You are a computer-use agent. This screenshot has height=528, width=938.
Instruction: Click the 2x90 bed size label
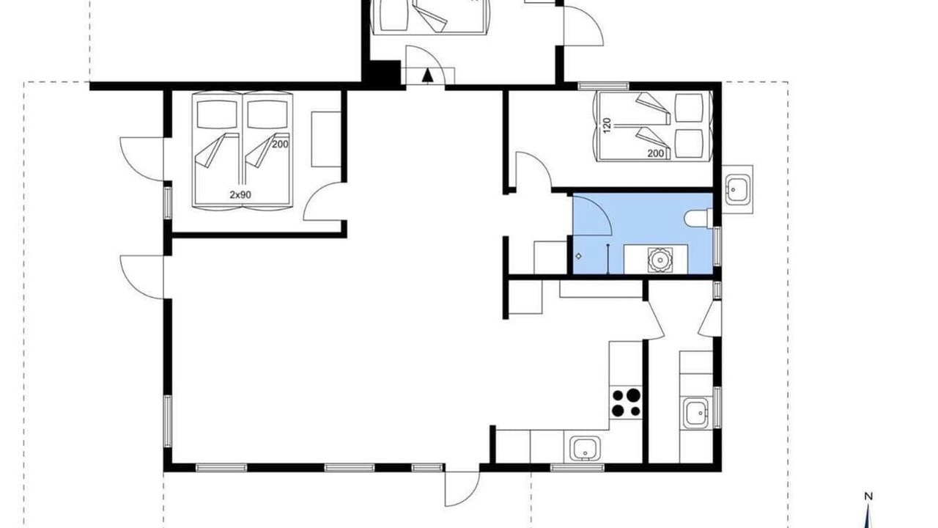pos(240,194)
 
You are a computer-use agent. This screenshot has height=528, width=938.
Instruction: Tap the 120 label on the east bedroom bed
pos(608,125)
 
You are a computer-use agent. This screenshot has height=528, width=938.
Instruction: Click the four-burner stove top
pos(626,403)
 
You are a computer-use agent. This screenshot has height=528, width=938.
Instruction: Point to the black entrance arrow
pos(427,76)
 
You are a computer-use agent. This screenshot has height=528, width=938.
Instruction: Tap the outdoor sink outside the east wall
pos(737,190)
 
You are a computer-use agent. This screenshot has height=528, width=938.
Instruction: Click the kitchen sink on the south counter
pos(582,450)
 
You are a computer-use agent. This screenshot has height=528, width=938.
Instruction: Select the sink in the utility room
pos(696,413)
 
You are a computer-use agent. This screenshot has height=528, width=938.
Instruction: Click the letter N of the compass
pos(868,496)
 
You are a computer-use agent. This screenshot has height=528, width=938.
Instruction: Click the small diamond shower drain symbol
pos(579,256)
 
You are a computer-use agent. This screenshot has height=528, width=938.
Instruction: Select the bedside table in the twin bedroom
pos(326,139)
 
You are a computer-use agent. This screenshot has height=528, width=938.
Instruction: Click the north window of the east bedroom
pos(603,87)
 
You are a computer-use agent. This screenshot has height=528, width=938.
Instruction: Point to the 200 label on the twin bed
pos(280,144)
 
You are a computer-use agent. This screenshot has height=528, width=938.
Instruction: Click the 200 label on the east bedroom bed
pos(656,154)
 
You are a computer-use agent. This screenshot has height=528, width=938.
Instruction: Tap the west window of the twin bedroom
pos(168,203)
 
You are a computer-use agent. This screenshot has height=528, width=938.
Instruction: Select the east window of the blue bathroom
pos(717,246)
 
